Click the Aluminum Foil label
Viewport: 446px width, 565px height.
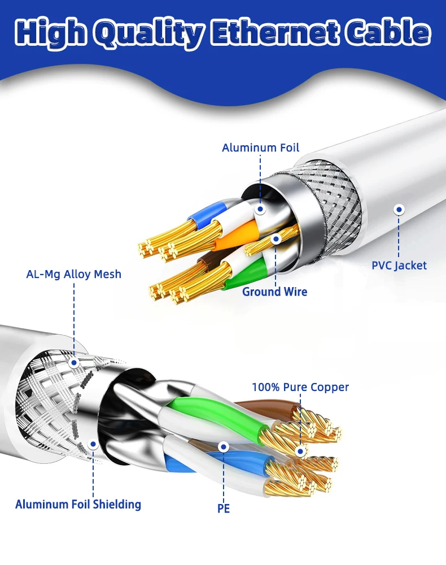(x=260, y=148)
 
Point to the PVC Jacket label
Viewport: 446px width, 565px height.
(x=399, y=265)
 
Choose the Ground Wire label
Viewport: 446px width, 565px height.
(x=275, y=292)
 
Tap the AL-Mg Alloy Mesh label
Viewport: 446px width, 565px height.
(x=73, y=275)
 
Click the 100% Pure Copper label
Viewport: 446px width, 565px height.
(x=300, y=387)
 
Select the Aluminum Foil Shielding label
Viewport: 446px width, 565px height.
(x=78, y=505)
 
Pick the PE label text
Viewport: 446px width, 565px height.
(x=224, y=508)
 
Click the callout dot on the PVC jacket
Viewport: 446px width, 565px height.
(x=399, y=210)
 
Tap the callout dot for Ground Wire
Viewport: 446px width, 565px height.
(x=276, y=239)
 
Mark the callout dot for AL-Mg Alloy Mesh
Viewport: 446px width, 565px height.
(x=74, y=362)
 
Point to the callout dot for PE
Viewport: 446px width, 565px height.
(x=224, y=447)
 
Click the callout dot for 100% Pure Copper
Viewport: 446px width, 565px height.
(x=300, y=450)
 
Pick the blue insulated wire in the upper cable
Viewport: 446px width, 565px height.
(x=206, y=215)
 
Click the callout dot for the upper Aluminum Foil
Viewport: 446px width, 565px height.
(x=260, y=209)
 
